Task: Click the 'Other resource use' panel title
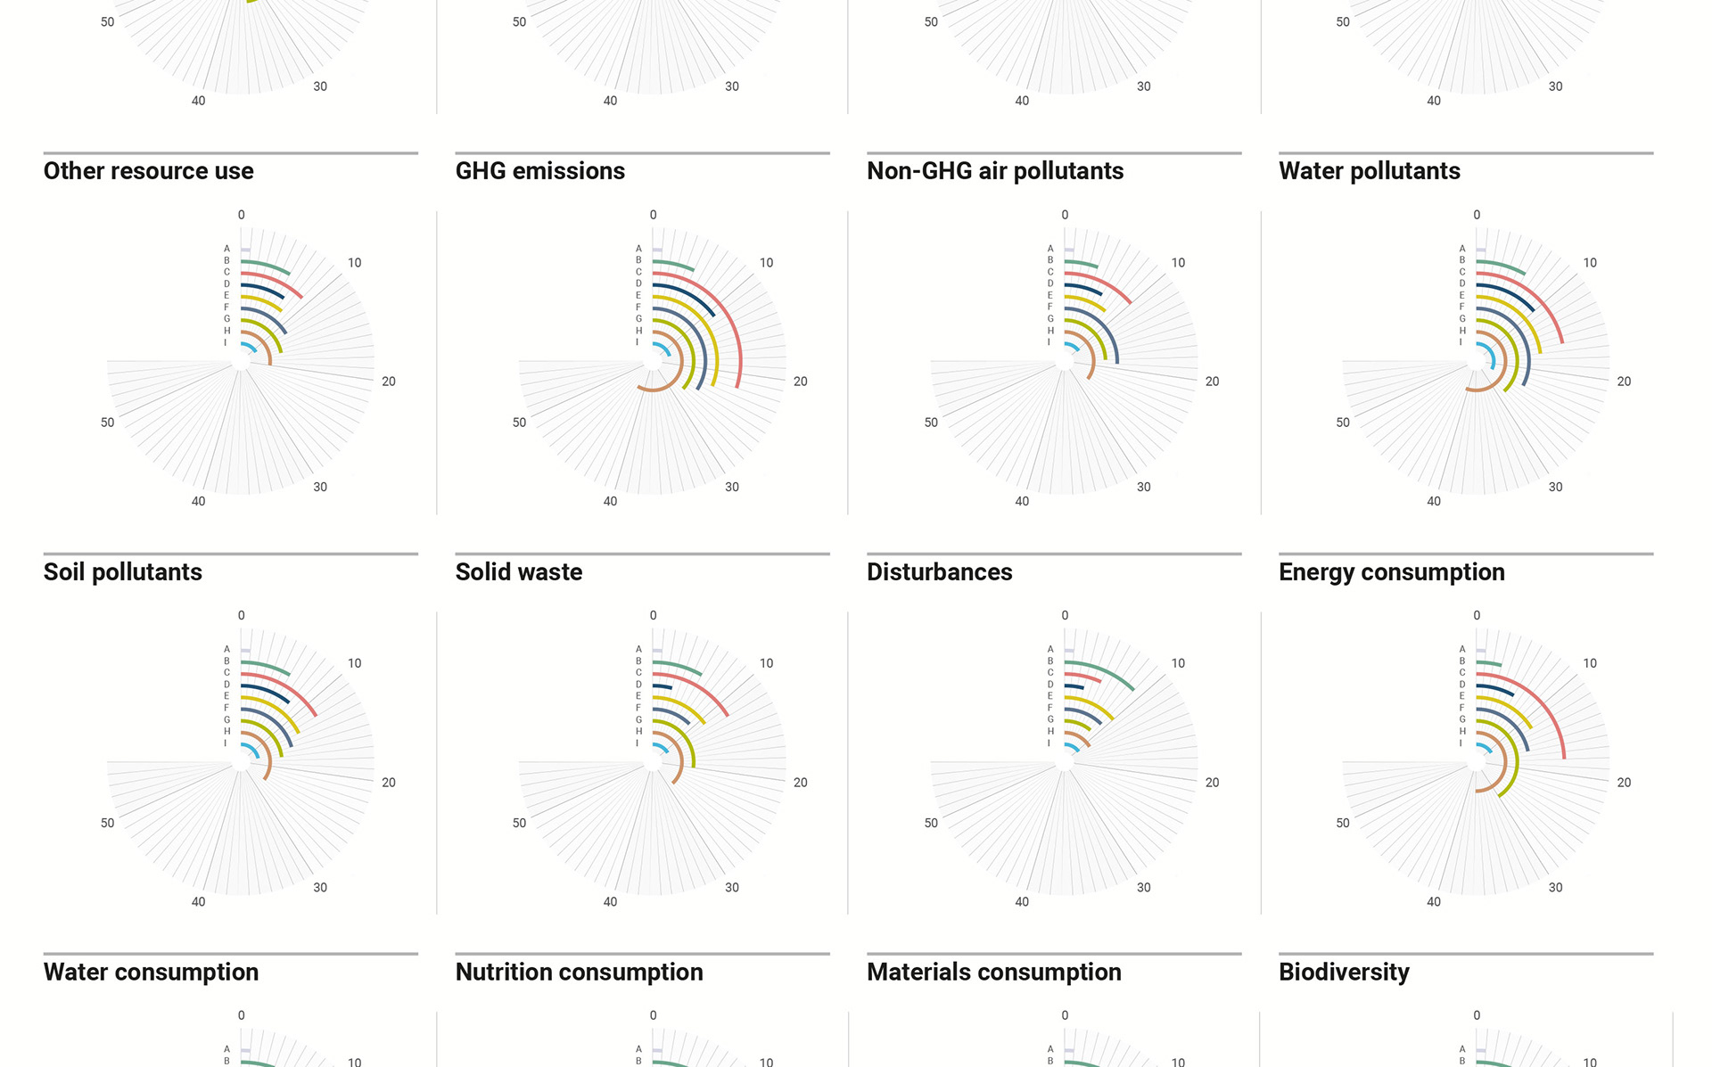point(149,171)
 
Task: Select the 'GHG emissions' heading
point(540,171)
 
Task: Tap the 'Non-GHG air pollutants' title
point(995,171)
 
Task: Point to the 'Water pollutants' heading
point(1370,171)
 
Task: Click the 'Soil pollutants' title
point(123,572)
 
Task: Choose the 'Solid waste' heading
point(519,572)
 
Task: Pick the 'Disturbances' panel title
point(940,572)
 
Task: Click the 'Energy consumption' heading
point(1392,572)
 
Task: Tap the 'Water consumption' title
point(152,973)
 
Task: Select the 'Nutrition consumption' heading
point(580,973)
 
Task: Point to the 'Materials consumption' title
point(994,973)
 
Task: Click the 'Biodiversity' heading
point(1345,973)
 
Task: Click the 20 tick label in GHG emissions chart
point(801,382)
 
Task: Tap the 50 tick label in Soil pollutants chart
point(108,823)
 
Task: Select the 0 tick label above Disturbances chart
point(1065,616)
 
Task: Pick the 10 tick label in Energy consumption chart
point(1590,663)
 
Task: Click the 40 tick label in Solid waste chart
point(610,902)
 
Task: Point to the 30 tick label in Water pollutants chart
point(1556,488)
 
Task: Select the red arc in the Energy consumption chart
point(1551,713)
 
